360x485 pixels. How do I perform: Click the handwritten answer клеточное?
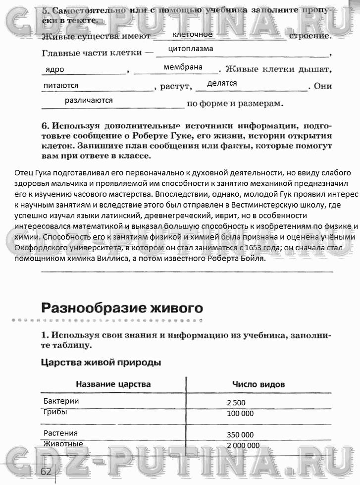click(x=192, y=34)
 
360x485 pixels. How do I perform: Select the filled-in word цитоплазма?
click(x=191, y=49)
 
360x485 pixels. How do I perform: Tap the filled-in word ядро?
click(x=54, y=70)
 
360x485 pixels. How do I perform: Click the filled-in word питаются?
click(x=61, y=85)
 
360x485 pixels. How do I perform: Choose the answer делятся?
click(x=222, y=83)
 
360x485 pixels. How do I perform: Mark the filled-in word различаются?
click(x=89, y=100)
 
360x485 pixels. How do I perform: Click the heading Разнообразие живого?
click(x=122, y=308)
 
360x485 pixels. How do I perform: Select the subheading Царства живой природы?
click(x=101, y=363)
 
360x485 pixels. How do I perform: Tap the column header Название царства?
click(x=113, y=384)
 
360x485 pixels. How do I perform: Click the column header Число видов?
click(x=258, y=384)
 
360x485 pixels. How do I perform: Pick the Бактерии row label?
click(x=61, y=401)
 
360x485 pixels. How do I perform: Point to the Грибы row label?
click(x=55, y=412)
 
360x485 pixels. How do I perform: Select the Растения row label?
click(x=60, y=433)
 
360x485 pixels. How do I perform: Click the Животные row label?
click(x=63, y=443)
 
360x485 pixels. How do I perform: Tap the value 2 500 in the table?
click(x=236, y=402)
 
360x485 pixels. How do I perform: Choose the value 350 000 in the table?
click(x=240, y=434)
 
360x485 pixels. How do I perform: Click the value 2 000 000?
click(x=243, y=445)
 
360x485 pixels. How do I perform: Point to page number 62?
click(x=46, y=471)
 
